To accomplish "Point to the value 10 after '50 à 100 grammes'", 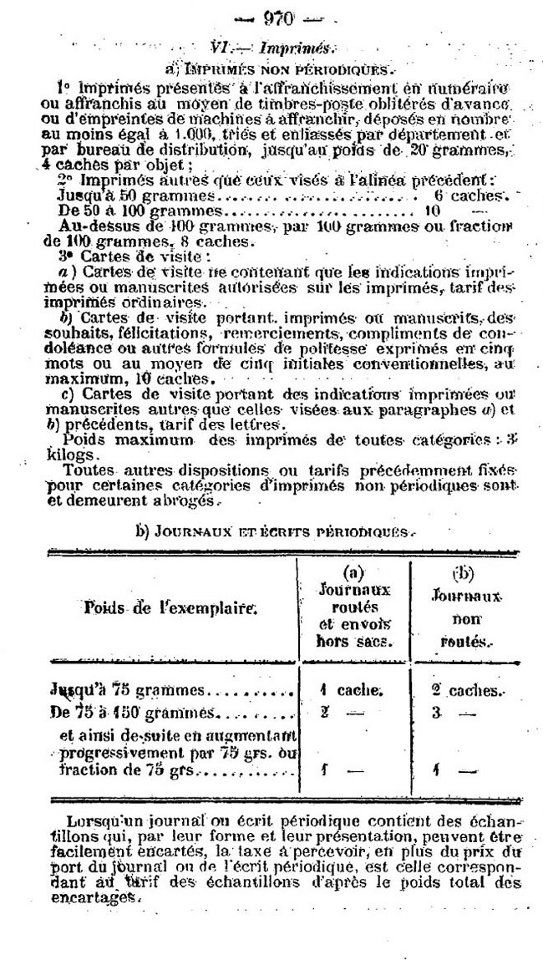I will (432, 211).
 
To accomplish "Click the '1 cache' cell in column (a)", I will (350, 691).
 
